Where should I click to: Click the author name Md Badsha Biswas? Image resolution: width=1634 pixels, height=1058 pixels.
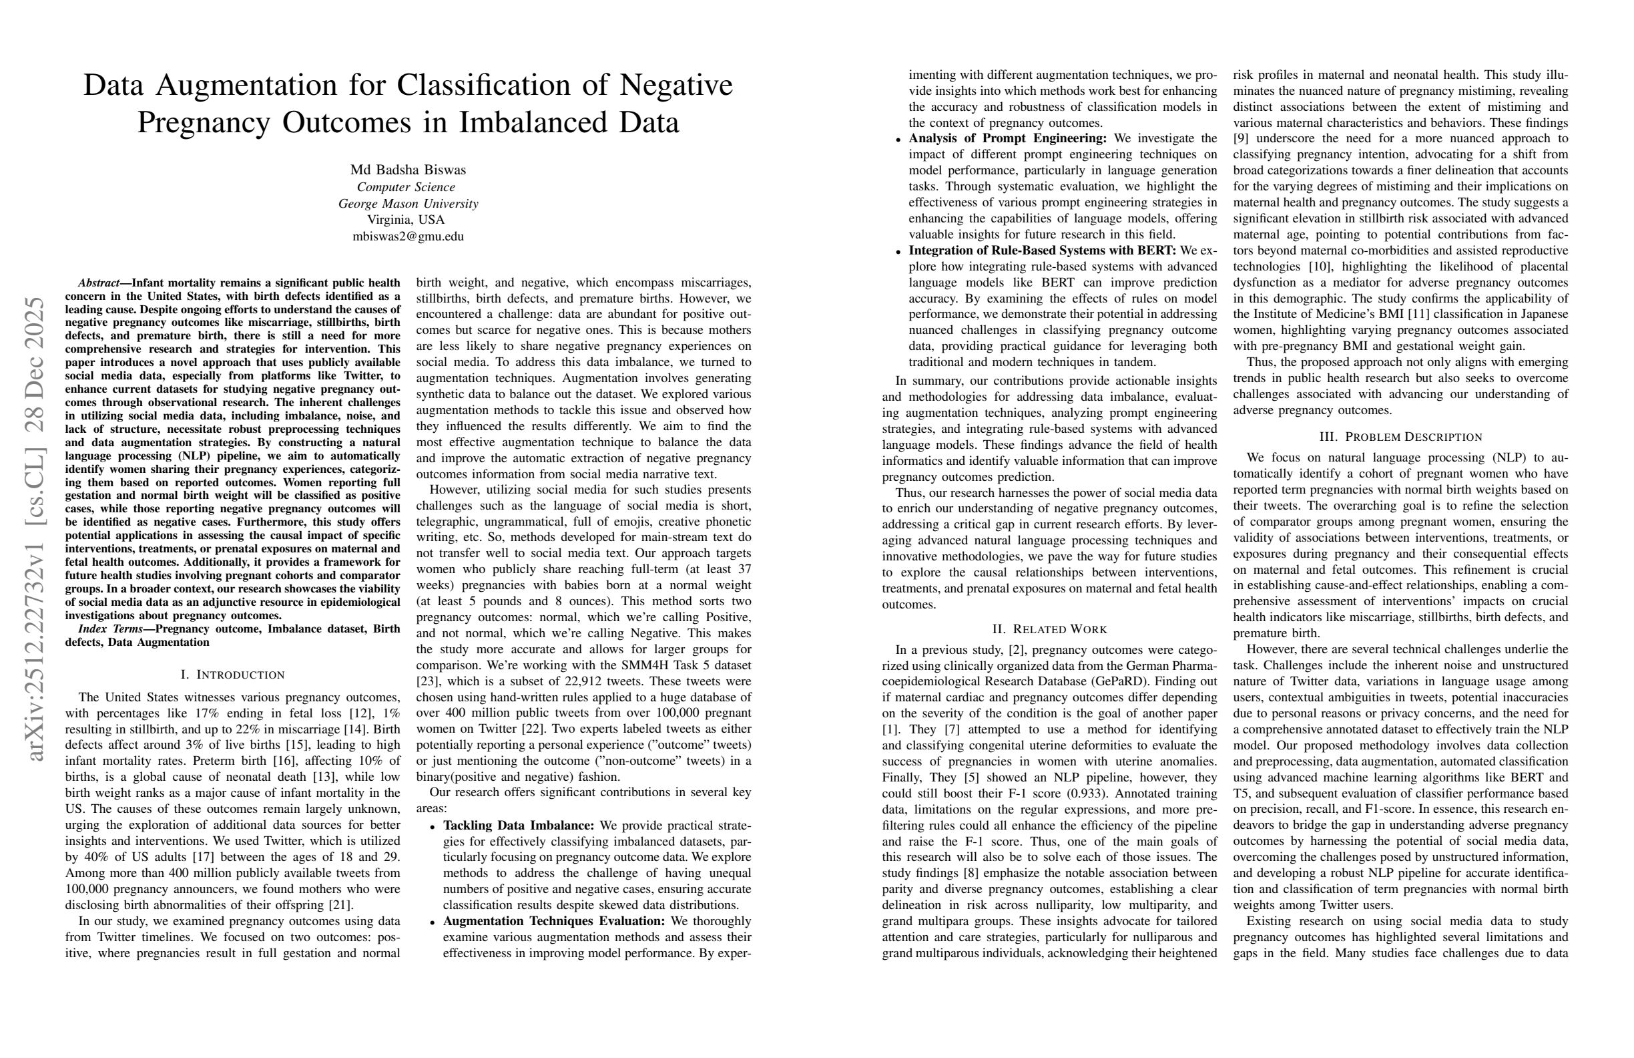[x=408, y=170]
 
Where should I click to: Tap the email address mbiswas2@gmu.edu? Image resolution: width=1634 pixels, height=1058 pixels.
[x=408, y=236]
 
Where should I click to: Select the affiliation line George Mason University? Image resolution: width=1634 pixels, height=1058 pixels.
[x=408, y=203]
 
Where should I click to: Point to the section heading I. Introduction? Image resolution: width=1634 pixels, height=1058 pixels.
[x=232, y=675]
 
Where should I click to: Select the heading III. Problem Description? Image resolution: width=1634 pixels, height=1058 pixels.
[x=1400, y=437]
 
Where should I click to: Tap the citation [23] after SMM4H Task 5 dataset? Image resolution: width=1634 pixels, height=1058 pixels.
[x=428, y=681]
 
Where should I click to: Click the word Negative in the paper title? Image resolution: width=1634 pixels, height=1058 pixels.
[x=676, y=85]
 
